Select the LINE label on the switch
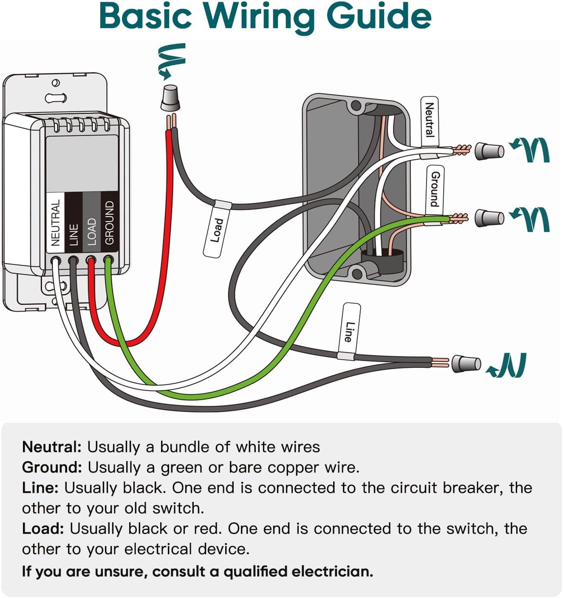(x=74, y=234)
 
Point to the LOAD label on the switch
(x=91, y=231)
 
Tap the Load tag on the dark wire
(x=217, y=230)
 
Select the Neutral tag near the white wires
(x=430, y=120)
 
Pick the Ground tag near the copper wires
(x=435, y=189)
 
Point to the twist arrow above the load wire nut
(x=172, y=60)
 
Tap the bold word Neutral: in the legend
(x=51, y=447)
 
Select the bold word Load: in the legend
(x=43, y=529)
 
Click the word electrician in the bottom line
(x=329, y=571)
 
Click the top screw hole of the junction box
(x=356, y=105)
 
